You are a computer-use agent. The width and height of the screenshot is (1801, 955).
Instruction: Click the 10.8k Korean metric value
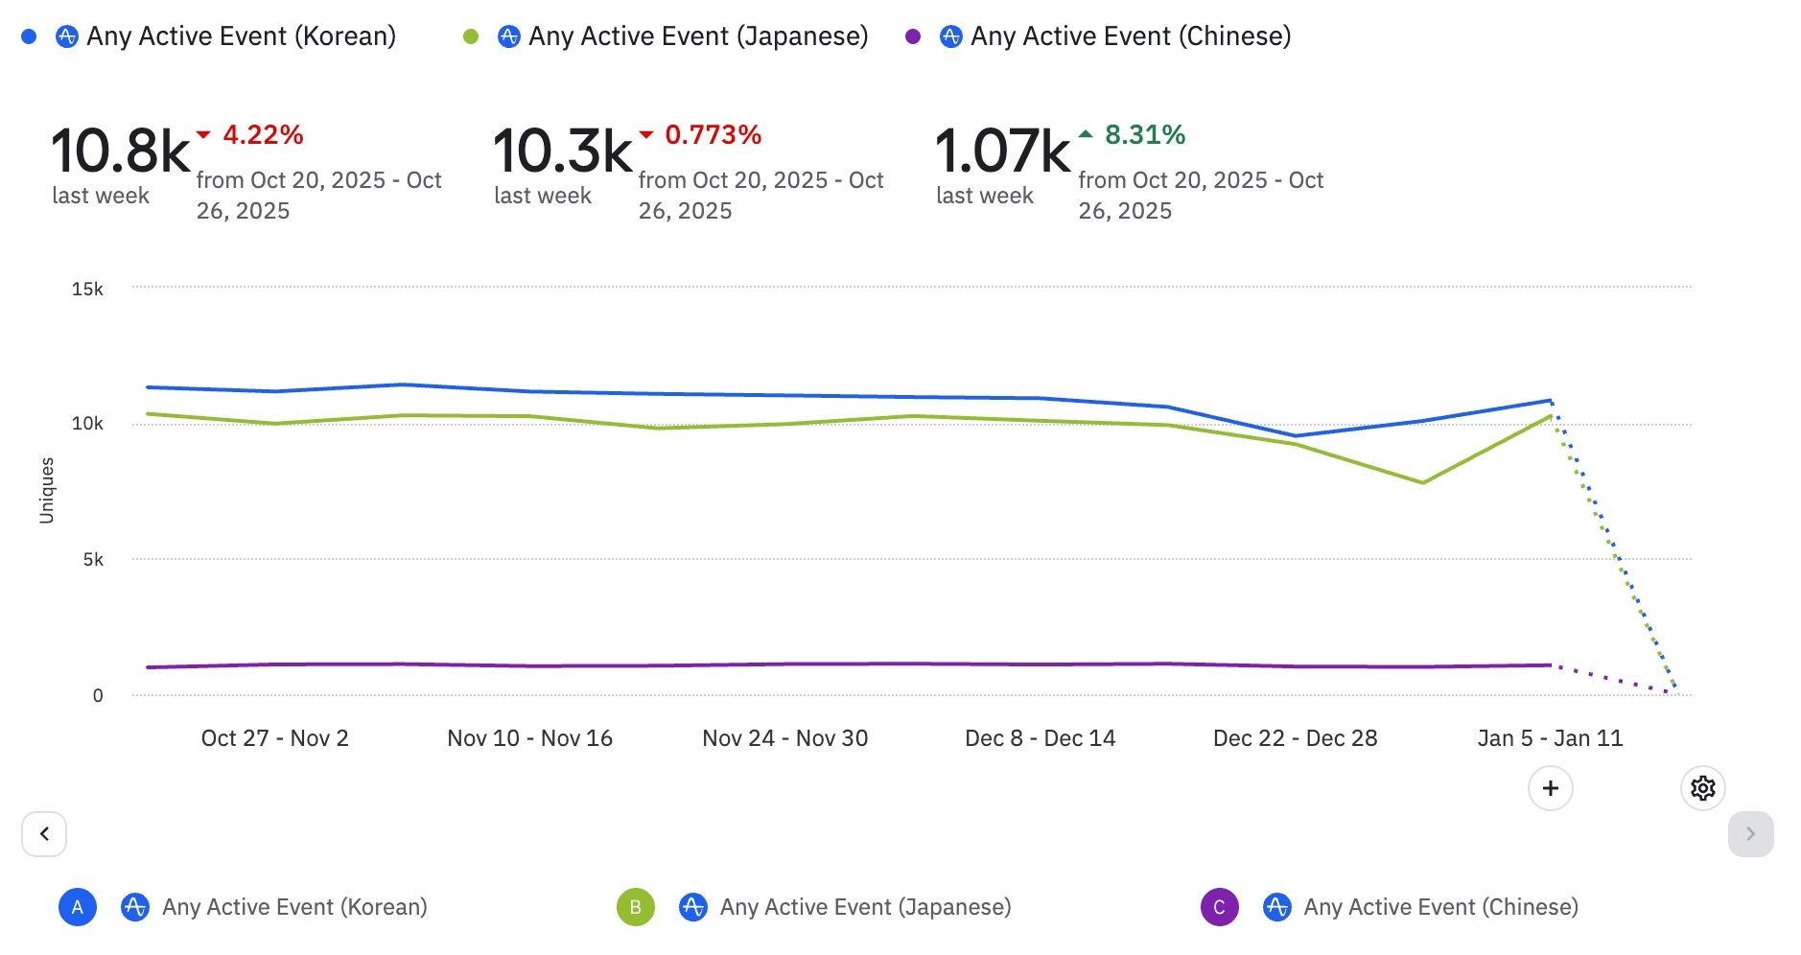[x=121, y=151]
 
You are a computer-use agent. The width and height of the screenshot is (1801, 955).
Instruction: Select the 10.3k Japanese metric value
[x=563, y=151]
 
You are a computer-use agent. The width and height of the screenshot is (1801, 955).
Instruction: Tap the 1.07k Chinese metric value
[x=1002, y=151]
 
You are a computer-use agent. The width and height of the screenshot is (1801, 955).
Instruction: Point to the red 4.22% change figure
[x=263, y=135]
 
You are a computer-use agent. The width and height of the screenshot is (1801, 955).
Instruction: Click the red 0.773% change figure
[x=713, y=135]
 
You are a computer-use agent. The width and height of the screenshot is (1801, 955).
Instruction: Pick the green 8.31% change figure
[x=1145, y=135]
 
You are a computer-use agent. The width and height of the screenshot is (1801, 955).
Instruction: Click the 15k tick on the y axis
[x=87, y=289]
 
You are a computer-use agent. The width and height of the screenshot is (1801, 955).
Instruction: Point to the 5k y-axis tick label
[x=93, y=559]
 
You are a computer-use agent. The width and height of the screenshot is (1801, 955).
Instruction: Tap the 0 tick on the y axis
[x=98, y=695]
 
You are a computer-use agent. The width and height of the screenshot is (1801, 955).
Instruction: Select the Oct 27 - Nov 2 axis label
[x=274, y=738]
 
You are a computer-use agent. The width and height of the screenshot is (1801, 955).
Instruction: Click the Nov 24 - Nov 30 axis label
[x=784, y=738]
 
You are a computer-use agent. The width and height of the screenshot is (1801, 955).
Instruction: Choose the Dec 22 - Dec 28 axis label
[x=1295, y=738]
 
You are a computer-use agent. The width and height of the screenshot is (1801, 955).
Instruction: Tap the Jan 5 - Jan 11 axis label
[x=1550, y=738]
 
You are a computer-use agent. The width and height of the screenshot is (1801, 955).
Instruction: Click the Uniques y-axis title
[x=47, y=490]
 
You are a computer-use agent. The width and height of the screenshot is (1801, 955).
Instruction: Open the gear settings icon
[x=1703, y=788]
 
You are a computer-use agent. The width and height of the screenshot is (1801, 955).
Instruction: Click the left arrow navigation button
[x=44, y=834]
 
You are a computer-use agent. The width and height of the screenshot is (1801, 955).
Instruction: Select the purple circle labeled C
[x=1219, y=907]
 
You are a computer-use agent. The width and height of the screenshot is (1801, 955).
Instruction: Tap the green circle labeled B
[x=635, y=907]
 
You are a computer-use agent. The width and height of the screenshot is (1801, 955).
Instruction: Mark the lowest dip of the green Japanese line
[x=1422, y=482]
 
